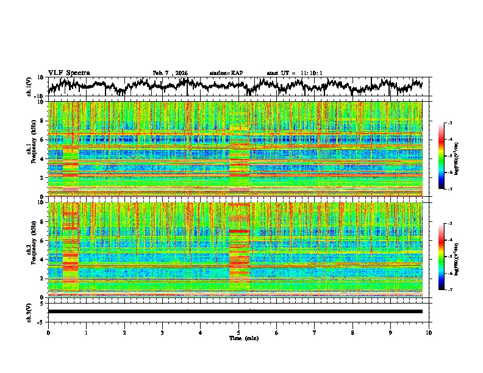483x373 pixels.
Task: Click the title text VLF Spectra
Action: pos(69,73)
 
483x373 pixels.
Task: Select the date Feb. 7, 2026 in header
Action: pos(170,73)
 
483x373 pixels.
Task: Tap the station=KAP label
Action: pos(226,73)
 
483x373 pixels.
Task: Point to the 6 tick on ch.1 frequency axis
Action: pos(42,140)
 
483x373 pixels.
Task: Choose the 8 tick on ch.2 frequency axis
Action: pos(42,222)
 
